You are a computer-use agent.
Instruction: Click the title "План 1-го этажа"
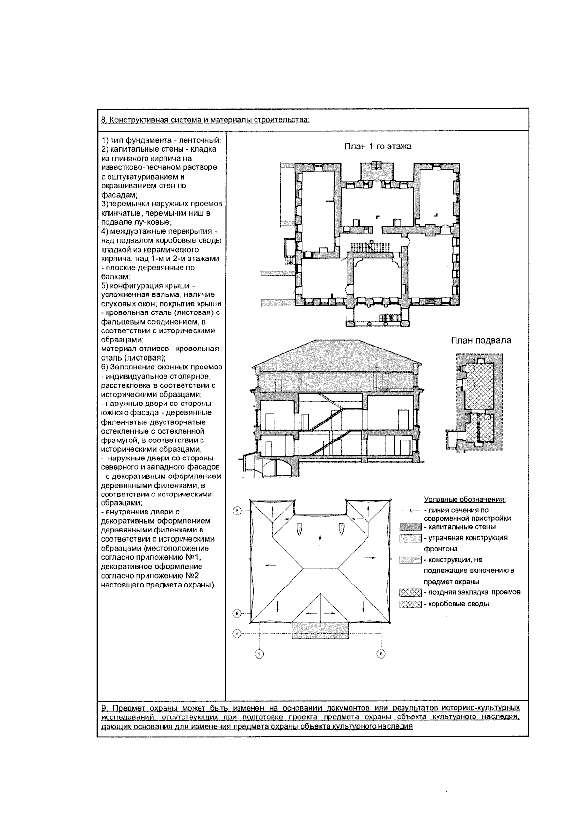(378, 146)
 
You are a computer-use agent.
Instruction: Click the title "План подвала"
(480, 340)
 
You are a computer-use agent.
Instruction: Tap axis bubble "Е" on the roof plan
(237, 511)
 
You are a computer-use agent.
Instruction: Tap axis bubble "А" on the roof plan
(237, 634)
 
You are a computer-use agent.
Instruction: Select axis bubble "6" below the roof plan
(381, 654)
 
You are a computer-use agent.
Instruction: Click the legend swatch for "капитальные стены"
(410, 527)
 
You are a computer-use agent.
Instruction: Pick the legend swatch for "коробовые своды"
(410, 604)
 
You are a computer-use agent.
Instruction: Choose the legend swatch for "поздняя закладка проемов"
(410, 592)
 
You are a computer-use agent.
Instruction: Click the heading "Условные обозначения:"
(465, 500)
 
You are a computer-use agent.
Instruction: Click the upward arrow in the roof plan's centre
(319, 539)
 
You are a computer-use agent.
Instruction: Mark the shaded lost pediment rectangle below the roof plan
(320, 630)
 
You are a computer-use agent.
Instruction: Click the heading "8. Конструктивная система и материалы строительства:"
(204, 120)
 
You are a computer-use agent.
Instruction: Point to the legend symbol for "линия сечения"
(410, 511)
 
